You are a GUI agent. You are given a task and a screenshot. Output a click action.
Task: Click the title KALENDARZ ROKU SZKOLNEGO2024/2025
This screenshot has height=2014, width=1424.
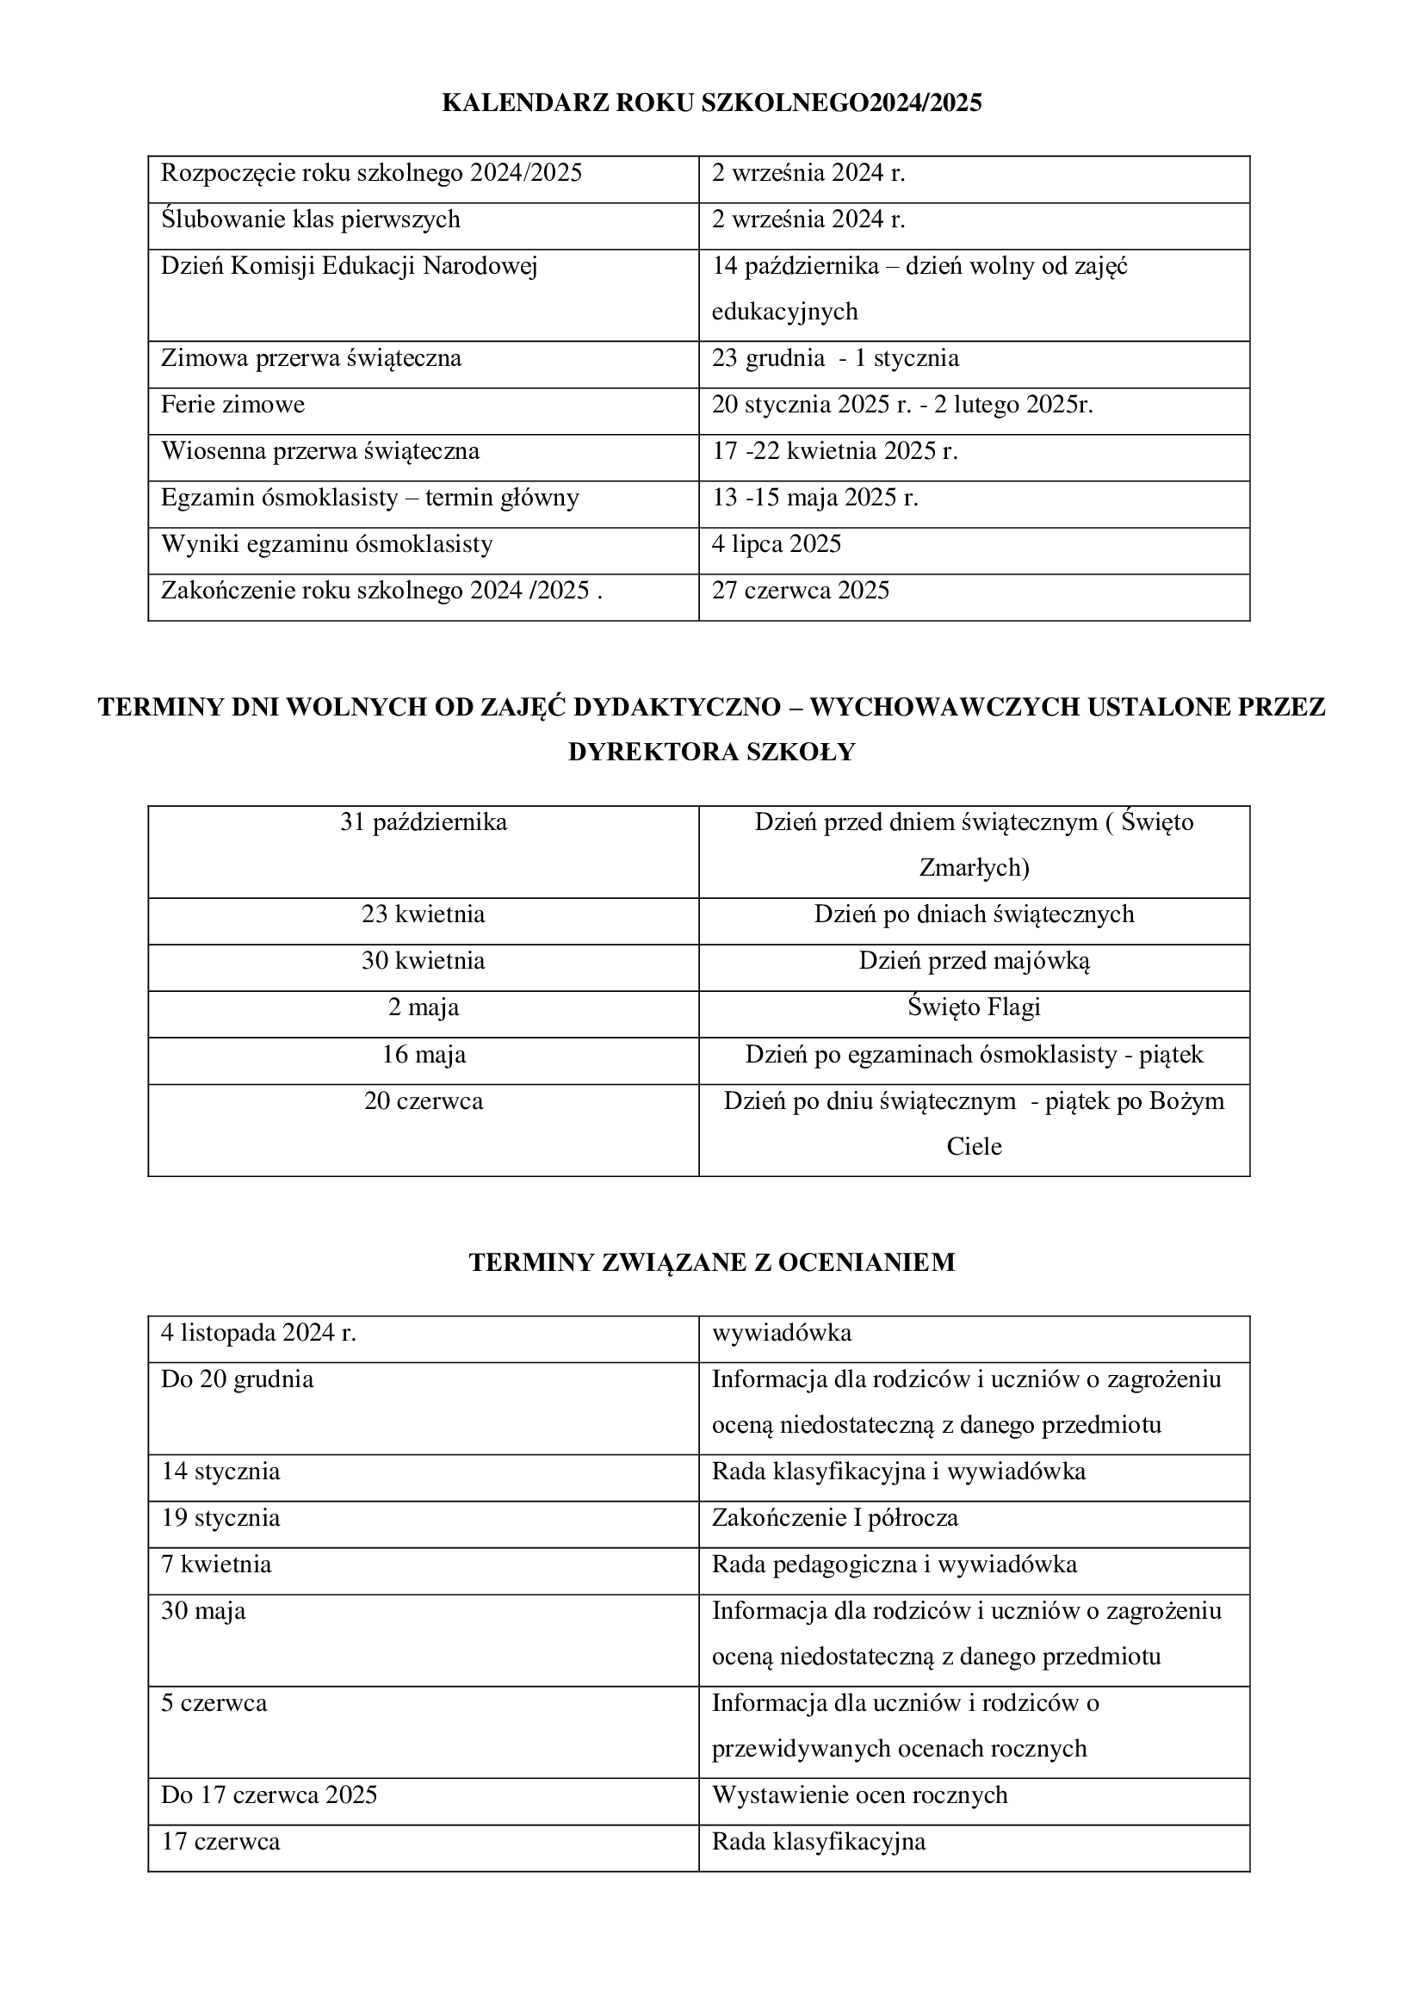711,103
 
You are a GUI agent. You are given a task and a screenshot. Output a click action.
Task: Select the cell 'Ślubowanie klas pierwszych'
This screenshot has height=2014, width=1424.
311,220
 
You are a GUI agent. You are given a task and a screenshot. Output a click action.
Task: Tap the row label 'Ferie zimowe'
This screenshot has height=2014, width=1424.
232,405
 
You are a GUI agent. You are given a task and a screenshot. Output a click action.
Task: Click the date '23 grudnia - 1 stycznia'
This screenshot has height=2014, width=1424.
835,358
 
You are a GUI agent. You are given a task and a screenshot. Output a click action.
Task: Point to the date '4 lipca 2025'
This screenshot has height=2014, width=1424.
776,544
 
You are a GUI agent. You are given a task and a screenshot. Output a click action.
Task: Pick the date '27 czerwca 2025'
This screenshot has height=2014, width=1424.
800,591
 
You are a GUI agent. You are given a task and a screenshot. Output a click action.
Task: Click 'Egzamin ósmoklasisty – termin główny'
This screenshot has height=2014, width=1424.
369,498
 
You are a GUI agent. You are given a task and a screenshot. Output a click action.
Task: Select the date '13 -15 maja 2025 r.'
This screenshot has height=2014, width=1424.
814,498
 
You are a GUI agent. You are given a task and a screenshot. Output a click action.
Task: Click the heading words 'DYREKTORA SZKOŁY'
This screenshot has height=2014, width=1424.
711,753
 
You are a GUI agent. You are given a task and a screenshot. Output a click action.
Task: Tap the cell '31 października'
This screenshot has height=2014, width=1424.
424,823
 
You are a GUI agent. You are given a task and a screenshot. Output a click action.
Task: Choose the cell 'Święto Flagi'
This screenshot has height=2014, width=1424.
974,1007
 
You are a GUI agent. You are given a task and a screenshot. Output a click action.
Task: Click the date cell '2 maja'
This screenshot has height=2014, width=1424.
424,1007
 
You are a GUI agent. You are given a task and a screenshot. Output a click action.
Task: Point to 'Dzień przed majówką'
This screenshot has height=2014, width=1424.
974,961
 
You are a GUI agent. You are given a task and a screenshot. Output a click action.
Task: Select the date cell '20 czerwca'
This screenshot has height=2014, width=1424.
424,1101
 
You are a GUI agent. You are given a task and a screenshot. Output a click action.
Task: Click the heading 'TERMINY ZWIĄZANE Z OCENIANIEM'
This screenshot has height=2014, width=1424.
711,1262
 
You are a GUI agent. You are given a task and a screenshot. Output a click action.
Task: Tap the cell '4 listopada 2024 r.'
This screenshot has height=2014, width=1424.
258,1333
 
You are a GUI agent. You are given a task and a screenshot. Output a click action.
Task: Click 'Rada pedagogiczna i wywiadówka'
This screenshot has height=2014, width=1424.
894,1565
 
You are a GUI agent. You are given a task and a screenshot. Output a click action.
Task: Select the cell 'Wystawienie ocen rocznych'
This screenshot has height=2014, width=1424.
859,1795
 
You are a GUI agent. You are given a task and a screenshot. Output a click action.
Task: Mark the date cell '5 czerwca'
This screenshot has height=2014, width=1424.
214,1703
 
